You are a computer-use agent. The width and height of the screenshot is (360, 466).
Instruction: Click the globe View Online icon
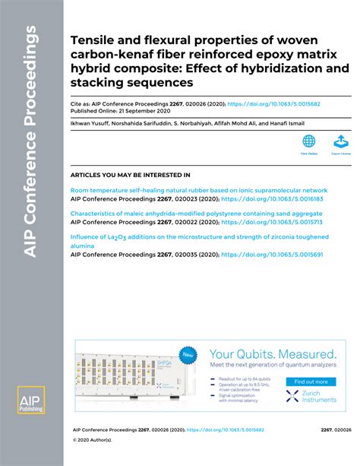click(x=309, y=141)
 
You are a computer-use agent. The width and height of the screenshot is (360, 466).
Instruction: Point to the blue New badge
click(x=187, y=354)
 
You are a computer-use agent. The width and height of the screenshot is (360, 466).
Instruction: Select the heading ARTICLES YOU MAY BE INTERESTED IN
click(x=130, y=175)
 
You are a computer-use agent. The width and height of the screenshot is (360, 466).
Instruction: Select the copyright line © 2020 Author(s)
click(x=92, y=440)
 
